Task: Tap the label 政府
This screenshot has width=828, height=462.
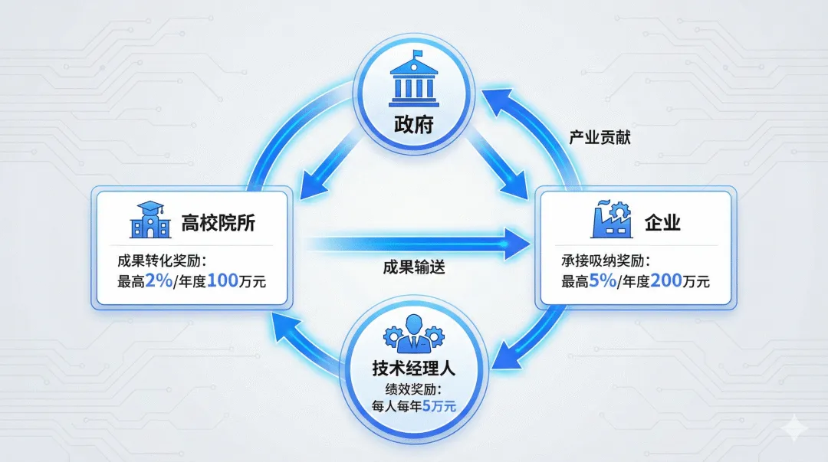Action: (x=414, y=123)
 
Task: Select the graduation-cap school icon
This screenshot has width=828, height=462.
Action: (x=148, y=220)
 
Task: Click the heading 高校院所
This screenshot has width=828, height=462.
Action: (x=218, y=223)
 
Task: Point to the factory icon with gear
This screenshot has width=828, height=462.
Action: (x=611, y=220)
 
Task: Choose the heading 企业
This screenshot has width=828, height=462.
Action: (x=663, y=223)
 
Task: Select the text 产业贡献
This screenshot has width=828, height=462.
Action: (x=600, y=139)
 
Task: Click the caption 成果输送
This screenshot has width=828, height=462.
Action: (x=414, y=268)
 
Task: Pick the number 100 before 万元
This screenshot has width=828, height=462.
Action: (x=223, y=280)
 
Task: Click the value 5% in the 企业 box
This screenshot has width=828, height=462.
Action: (x=603, y=280)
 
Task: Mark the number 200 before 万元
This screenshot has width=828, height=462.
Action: (x=666, y=280)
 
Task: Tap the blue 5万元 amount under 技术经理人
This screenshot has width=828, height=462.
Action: (x=439, y=405)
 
